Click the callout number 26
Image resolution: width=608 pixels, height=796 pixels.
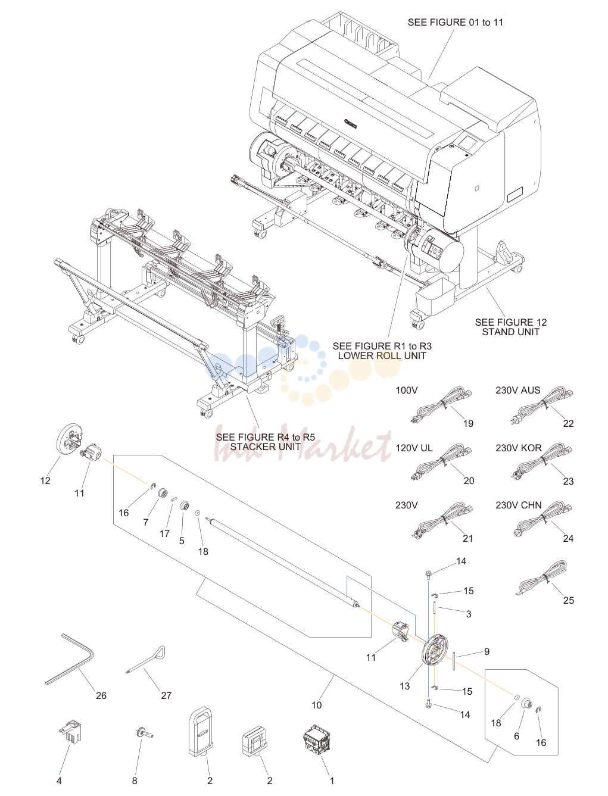pos(101,695)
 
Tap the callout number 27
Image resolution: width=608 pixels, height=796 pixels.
pos(166,695)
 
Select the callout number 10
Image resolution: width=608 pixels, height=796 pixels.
pos(317,705)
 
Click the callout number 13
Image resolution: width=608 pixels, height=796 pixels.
pos(404,686)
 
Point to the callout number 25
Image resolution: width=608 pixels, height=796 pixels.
pos(569,600)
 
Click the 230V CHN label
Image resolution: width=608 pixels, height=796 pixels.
pos(519,505)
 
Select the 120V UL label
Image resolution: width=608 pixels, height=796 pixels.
pos(414,448)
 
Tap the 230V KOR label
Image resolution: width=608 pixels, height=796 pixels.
pos(519,448)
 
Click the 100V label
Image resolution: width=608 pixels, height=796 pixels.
pos(406,390)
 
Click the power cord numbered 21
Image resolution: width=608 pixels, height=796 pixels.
pos(442,519)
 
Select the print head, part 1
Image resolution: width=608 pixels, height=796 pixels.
pos(317,738)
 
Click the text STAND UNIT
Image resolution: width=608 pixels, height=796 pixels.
pos(510,332)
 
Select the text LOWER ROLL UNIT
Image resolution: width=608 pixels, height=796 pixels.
pos(382,356)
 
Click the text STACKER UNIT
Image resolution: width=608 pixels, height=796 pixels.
pos(266,447)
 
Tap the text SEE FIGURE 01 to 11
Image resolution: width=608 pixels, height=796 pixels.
pos(456,22)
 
